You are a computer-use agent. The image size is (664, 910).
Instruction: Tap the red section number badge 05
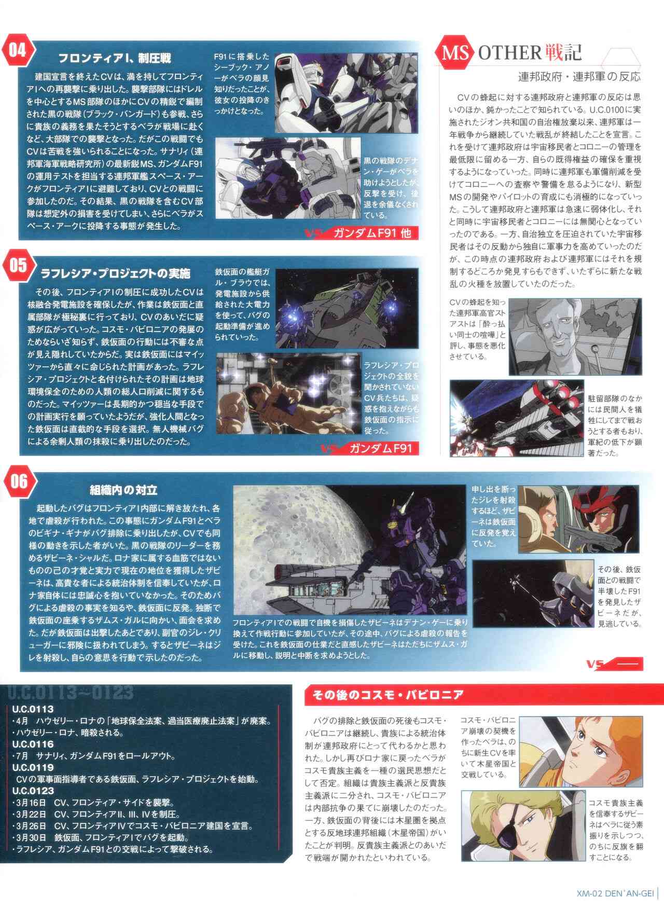(19, 265)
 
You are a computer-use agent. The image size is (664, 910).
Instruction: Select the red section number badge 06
(19, 481)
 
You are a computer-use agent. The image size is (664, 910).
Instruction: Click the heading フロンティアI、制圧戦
(114, 58)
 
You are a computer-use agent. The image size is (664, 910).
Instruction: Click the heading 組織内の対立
(123, 489)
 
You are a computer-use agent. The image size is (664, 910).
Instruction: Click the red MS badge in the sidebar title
(457, 52)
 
